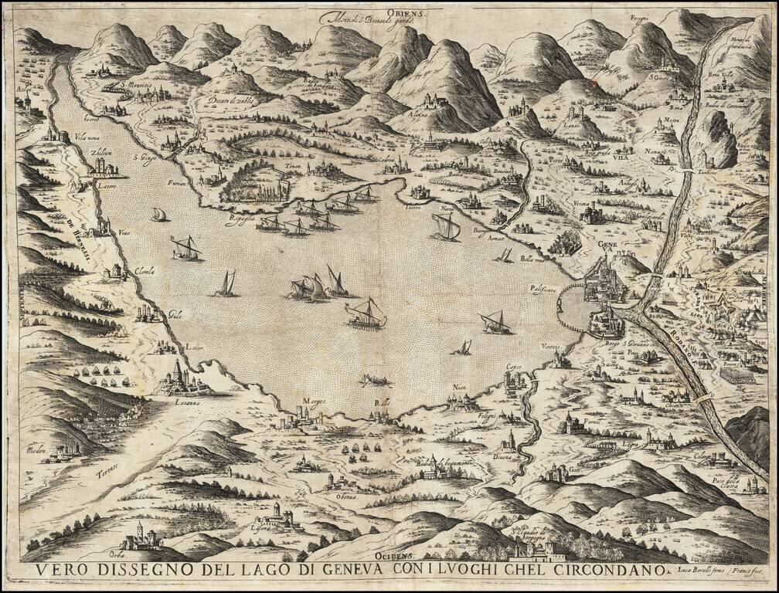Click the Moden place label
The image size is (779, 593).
(x=36, y=450)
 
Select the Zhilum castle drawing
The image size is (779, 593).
(x=105, y=167)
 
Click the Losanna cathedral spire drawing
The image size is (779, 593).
(x=178, y=370)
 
